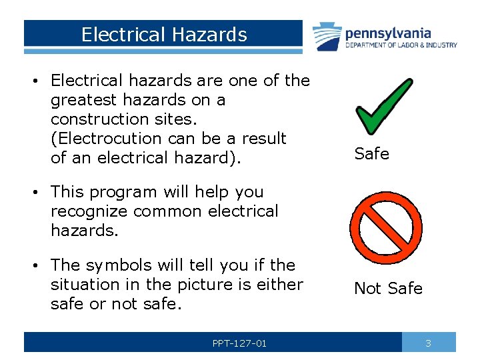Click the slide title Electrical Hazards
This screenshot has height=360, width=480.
tap(163, 35)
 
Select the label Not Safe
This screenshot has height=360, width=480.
tap(388, 289)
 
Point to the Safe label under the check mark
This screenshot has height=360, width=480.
tap(371, 154)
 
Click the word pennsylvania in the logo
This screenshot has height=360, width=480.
tap(387, 33)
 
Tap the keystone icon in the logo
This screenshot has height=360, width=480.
tap(327, 37)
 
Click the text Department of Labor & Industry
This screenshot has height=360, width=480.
tap(401, 45)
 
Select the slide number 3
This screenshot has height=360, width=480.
tap(428, 343)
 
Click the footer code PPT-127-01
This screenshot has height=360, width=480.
tap(239, 343)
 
